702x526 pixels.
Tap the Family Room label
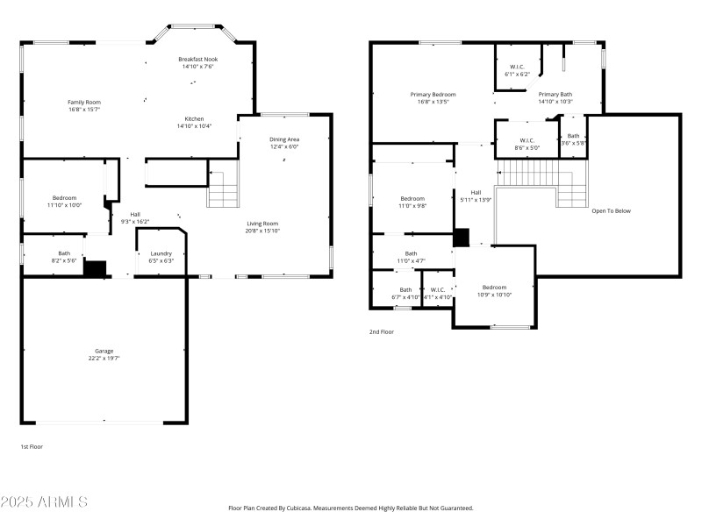[x=84, y=102]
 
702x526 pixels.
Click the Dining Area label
[x=284, y=139]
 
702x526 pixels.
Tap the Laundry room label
[x=161, y=253]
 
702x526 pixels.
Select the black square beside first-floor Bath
[x=95, y=268]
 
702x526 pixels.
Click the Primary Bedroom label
[x=433, y=94]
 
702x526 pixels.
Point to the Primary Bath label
[x=555, y=94]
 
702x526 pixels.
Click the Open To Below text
[x=611, y=210]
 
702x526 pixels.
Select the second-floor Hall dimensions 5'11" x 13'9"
[x=475, y=200]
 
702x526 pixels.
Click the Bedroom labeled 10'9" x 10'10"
[x=493, y=288]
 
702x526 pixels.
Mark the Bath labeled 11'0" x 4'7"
[x=411, y=252]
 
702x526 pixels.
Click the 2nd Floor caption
[x=382, y=332]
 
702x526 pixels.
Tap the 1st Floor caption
[x=32, y=447]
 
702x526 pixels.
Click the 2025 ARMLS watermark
[x=44, y=502]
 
